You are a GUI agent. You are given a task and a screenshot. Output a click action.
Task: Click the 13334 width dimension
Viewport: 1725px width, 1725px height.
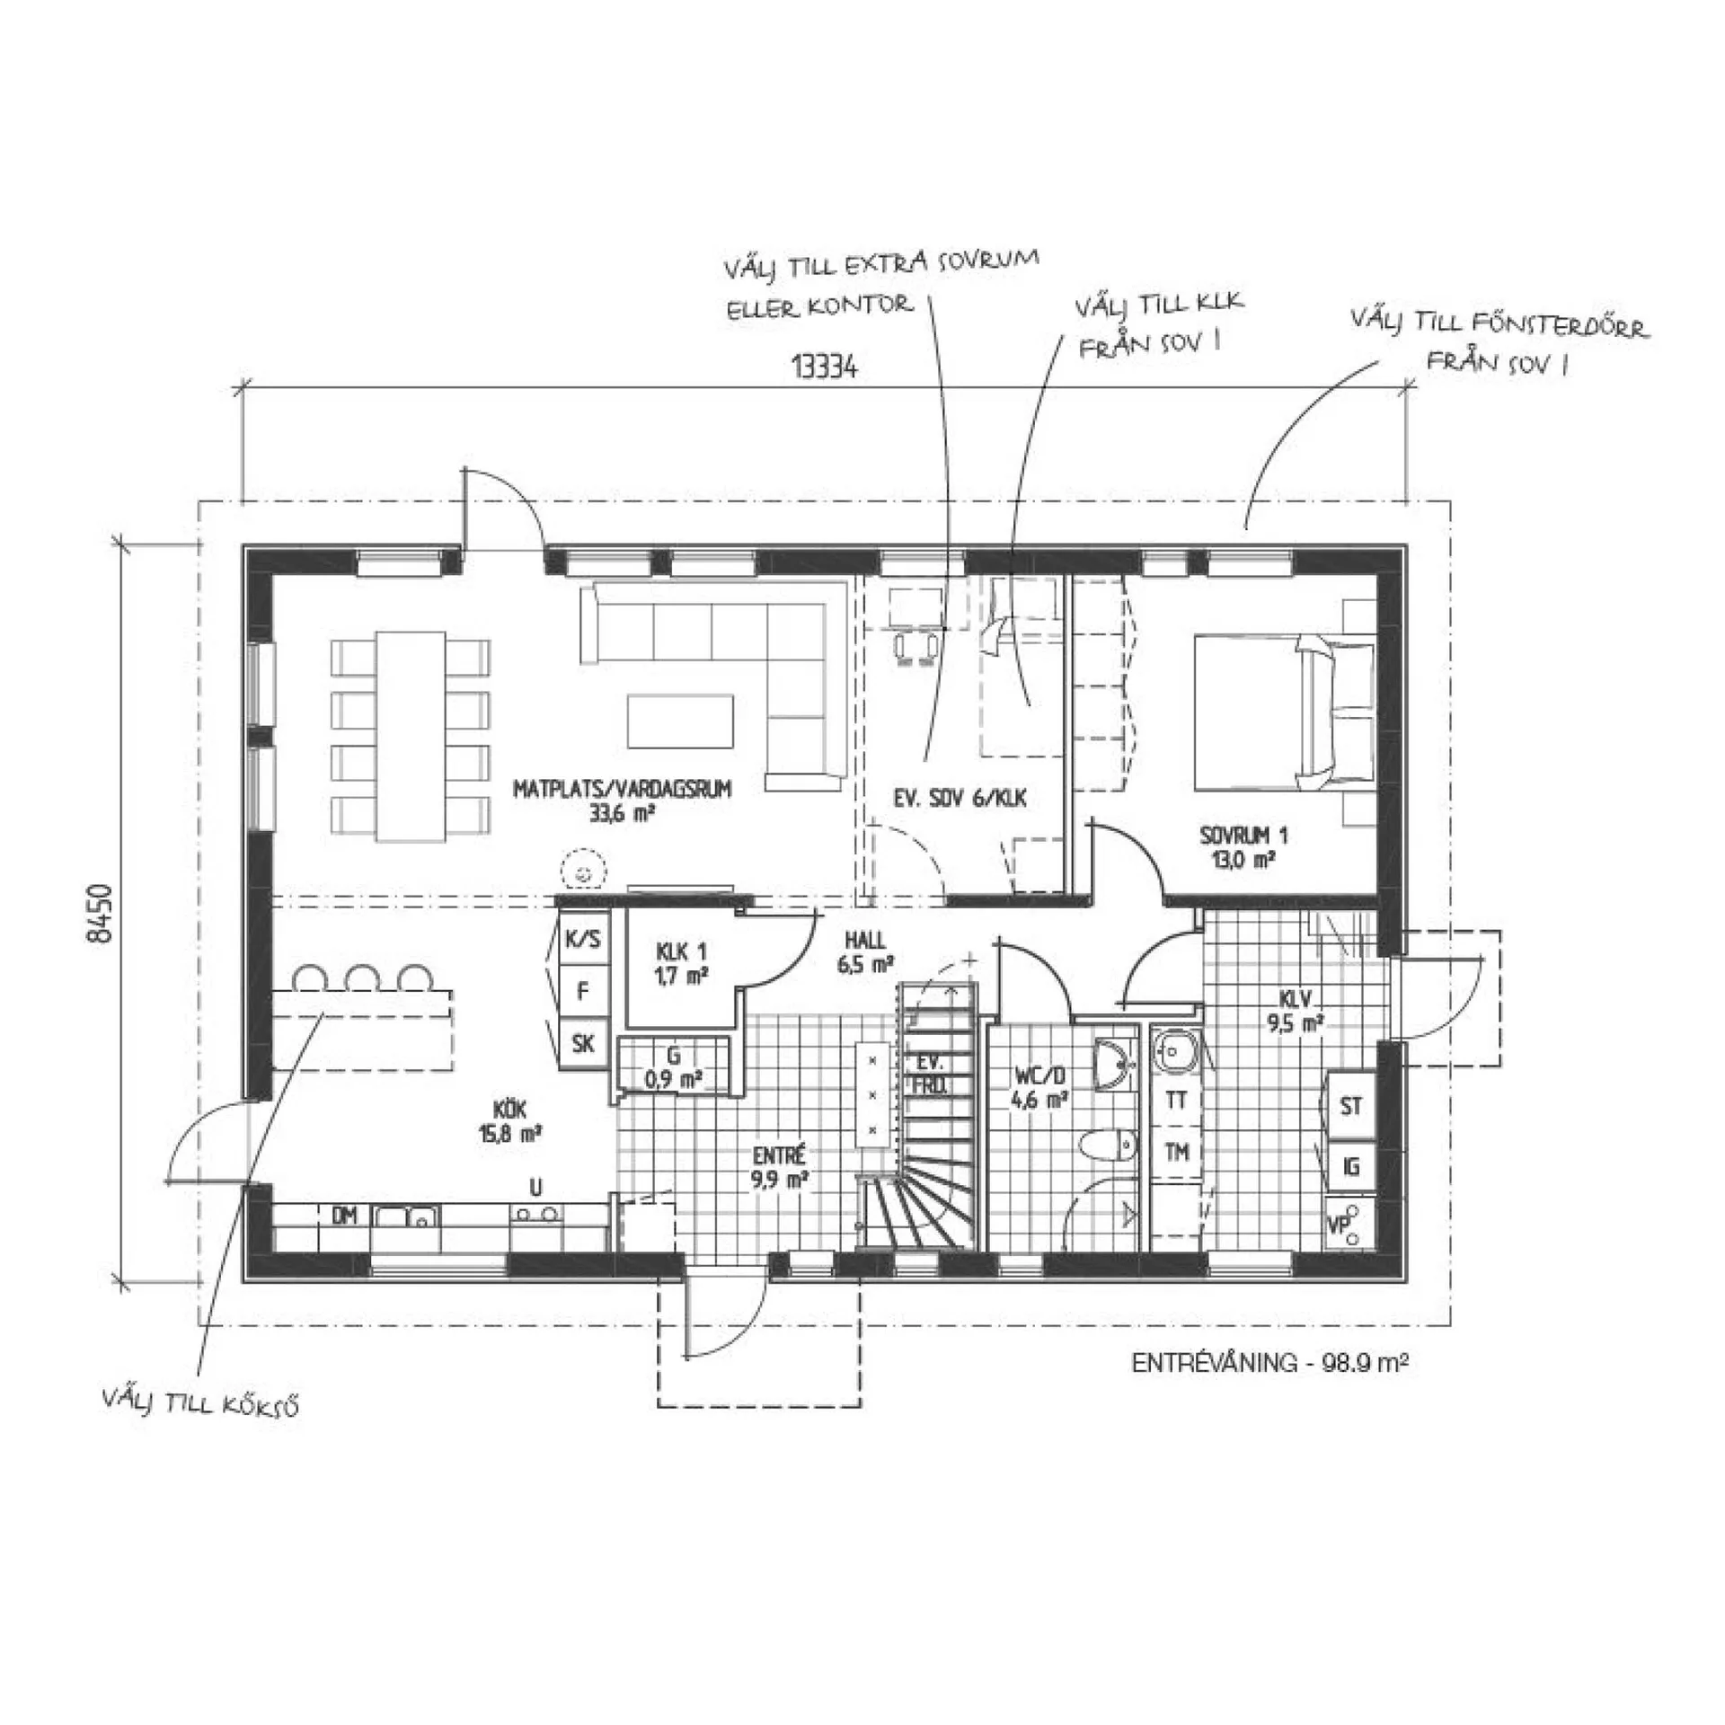tap(824, 367)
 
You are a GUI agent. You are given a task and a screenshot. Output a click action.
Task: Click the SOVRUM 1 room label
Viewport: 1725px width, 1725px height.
tap(1243, 836)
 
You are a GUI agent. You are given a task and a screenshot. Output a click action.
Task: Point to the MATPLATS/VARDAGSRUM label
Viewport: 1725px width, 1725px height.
tap(622, 790)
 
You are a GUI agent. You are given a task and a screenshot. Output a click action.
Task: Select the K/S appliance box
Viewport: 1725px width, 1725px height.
tap(583, 940)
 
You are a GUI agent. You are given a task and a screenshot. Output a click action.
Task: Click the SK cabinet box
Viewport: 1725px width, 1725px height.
tap(583, 1043)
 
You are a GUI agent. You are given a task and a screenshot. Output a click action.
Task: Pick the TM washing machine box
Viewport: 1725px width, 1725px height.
tap(1176, 1153)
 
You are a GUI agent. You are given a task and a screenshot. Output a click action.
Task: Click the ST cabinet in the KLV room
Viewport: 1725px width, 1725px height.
tap(1350, 1105)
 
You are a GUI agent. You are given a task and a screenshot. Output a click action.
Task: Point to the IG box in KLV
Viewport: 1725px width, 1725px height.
tap(1350, 1166)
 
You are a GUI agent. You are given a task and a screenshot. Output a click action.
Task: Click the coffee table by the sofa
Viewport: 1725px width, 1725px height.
tap(680, 721)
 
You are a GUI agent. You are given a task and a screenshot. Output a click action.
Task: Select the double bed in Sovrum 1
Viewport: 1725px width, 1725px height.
tap(1284, 712)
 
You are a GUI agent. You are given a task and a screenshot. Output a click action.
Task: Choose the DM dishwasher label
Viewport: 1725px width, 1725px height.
tap(345, 1216)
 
